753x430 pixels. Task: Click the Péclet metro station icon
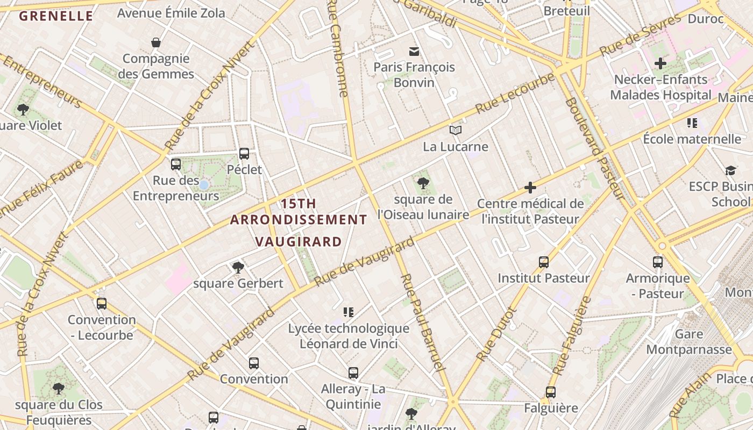click(244, 154)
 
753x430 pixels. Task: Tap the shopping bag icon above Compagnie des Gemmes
click(156, 42)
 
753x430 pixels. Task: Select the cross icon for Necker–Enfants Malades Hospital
click(660, 63)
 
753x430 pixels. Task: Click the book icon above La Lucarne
click(456, 130)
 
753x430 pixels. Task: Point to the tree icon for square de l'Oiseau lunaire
click(423, 183)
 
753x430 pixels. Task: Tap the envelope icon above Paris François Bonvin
click(414, 52)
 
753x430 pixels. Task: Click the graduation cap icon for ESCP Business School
click(730, 170)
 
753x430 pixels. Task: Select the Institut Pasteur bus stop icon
click(544, 262)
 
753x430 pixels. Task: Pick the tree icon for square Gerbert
click(238, 267)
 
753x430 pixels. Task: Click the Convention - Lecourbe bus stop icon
click(102, 304)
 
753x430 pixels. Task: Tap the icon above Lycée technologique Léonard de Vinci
click(349, 312)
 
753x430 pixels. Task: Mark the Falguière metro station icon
click(551, 392)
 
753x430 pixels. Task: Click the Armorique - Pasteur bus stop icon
click(658, 262)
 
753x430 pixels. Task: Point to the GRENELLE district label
click(56, 16)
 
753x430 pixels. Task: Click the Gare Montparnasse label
click(689, 342)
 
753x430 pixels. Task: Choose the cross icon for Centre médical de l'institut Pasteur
click(530, 188)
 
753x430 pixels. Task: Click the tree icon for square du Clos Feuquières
click(59, 389)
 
